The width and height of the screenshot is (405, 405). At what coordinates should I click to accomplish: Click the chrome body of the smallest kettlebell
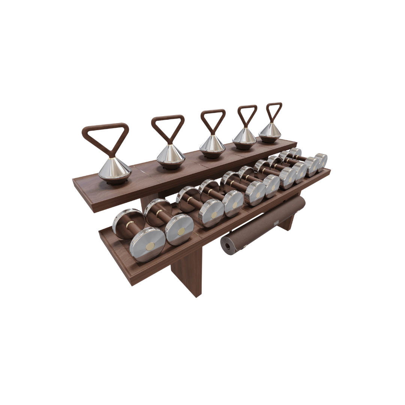coord(270,131)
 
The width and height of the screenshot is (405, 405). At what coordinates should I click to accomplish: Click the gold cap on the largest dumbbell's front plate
coord(150,246)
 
